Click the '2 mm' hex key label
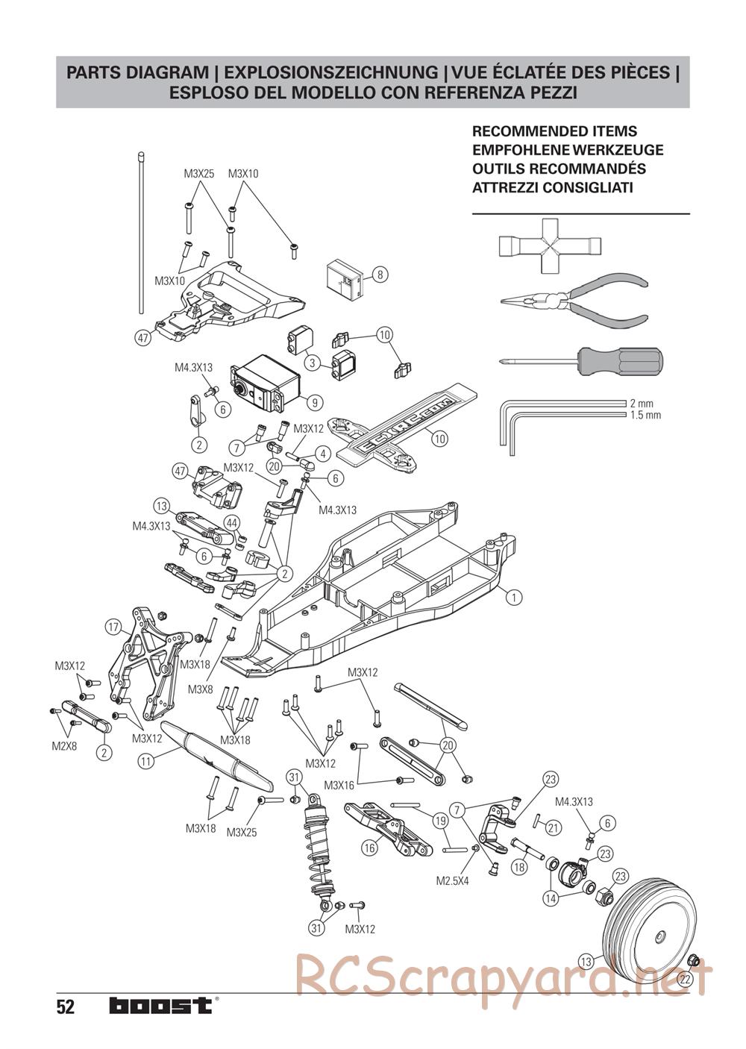[x=641, y=404]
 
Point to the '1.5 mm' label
[x=645, y=415]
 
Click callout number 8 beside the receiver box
[x=379, y=275]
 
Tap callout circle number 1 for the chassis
[x=513, y=596]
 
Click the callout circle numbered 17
[x=113, y=627]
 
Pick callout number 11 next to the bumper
[x=146, y=761]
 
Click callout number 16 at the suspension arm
[x=369, y=847]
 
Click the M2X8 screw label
[x=64, y=745]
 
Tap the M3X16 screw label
[x=339, y=785]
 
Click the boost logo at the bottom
[x=160, y=1006]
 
